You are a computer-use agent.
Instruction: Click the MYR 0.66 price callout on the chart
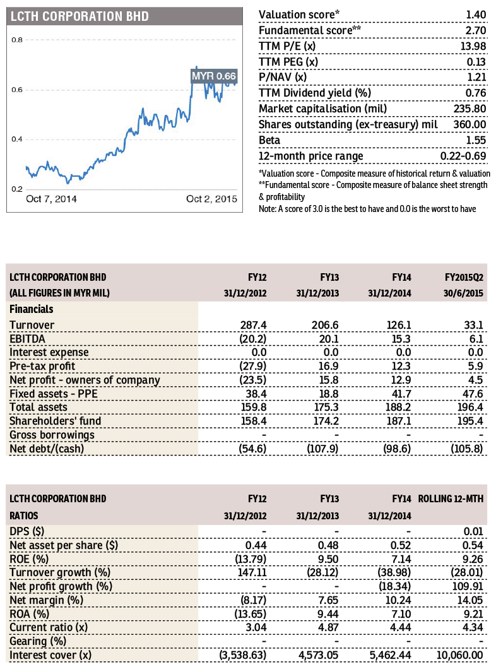click(214, 76)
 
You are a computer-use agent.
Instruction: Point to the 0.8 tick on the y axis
click(17, 40)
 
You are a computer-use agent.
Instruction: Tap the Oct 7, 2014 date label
click(52, 199)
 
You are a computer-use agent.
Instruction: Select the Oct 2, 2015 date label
click(212, 199)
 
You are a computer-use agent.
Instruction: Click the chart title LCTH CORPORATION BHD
click(80, 16)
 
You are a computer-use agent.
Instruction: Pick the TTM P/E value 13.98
click(473, 46)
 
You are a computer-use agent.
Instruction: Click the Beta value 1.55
click(476, 141)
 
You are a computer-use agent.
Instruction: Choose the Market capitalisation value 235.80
click(470, 109)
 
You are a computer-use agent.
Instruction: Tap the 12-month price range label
click(311, 156)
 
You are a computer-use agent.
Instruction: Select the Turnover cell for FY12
click(253, 326)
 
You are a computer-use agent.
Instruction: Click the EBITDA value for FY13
click(329, 339)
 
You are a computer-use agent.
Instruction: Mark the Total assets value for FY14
click(398, 407)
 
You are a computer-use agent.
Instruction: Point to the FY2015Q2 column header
click(464, 277)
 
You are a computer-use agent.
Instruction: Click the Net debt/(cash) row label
click(47, 449)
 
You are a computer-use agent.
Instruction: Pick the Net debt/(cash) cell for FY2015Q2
click(467, 449)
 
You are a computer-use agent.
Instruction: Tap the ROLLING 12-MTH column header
click(451, 499)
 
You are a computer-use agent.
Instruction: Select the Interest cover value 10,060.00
click(459, 656)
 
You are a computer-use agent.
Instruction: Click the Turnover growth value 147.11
click(252, 572)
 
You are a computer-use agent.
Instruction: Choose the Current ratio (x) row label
click(49, 627)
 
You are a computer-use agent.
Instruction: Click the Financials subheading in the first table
click(32, 309)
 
